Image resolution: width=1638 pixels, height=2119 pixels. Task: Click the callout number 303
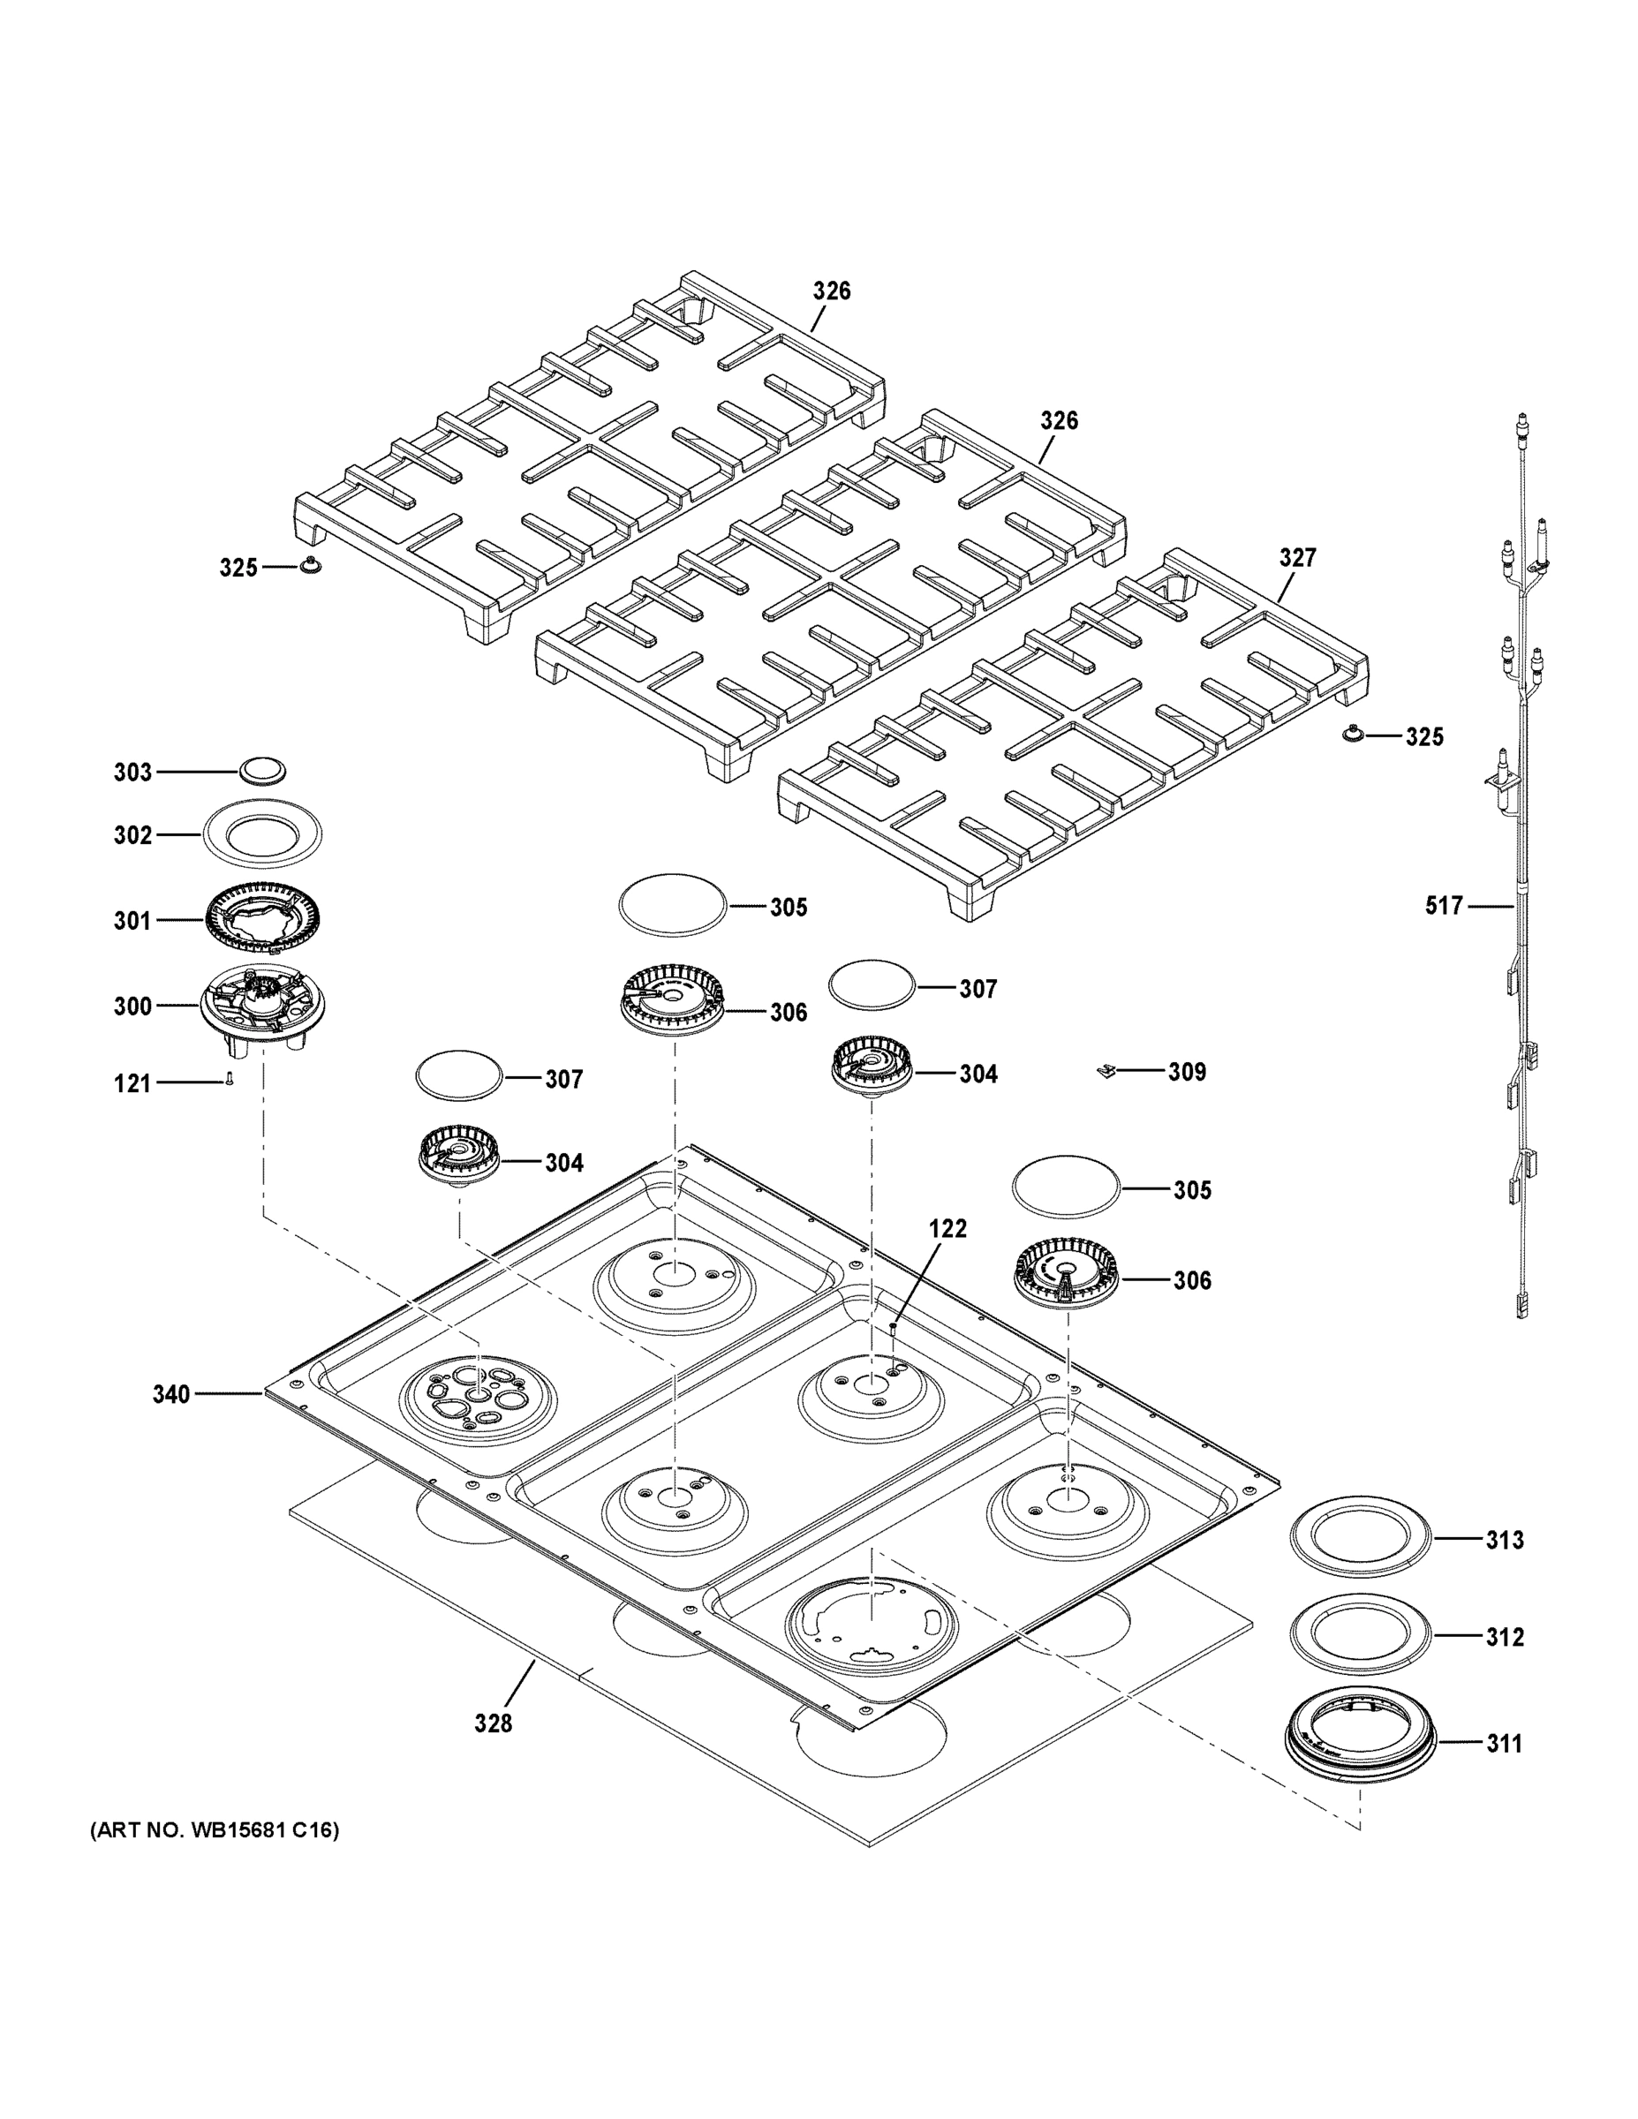tap(133, 772)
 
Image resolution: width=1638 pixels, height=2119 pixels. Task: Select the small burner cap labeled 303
tap(262, 771)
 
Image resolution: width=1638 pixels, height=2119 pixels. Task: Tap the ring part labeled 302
tap(262, 834)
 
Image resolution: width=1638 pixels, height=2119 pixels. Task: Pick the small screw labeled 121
tap(229, 1079)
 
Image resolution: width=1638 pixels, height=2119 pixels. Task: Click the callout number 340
tap(170, 1394)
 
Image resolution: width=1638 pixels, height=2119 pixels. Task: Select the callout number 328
tap(493, 1723)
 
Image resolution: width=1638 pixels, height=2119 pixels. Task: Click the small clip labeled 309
tap(1105, 1071)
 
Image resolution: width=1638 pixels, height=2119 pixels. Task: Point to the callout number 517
tap(1444, 905)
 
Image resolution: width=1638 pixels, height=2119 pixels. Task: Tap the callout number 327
tap(1297, 557)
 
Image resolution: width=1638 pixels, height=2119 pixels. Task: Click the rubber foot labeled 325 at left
tap(312, 566)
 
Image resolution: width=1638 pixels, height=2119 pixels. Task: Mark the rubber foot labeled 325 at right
tap(1352, 735)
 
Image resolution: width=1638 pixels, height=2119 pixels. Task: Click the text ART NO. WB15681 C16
tap(215, 1831)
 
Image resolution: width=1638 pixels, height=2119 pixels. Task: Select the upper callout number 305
tap(788, 907)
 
